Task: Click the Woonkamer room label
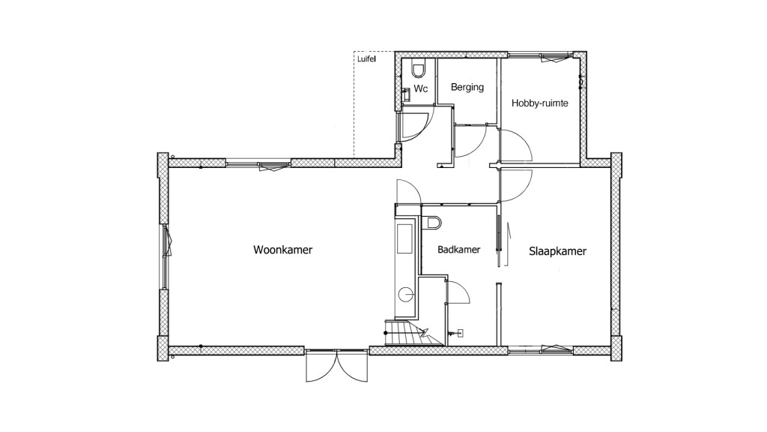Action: point(282,250)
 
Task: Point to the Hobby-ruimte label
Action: point(539,103)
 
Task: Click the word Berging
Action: point(467,87)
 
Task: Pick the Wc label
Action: point(421,88)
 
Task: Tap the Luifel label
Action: point(366,57)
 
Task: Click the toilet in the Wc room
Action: point(418,70)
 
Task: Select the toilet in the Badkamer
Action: point(434,223)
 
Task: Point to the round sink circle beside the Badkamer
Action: point(404,294)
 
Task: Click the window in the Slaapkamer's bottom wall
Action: point(540,348)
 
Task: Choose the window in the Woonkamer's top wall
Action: point(258,162)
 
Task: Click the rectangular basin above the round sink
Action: point(404,241)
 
